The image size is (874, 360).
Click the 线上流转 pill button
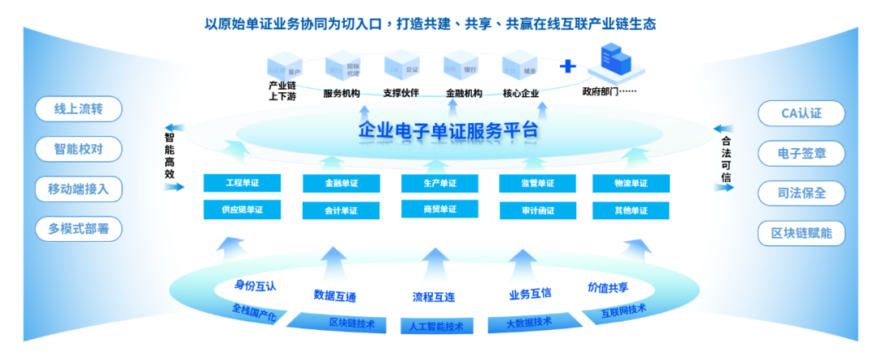(x=78, y=109)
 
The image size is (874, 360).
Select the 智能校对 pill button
(x=78, y=149)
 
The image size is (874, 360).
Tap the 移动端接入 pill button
(x=78, y=189)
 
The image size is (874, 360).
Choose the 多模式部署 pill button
(x=78, y=229)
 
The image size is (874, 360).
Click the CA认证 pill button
(x=801, y=113)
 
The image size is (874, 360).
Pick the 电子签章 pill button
(x=801, y=153)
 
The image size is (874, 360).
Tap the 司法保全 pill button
(x=801, y=193)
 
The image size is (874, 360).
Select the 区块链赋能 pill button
(x=801, y=233)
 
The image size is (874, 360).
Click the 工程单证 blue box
(x=242, y=184)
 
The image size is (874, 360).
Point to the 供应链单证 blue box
(x=242, y=210)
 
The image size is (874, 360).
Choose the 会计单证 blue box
(x=341, y=210)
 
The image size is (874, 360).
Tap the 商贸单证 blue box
(x=439, y=210)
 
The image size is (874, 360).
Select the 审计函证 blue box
(x=538, y=210)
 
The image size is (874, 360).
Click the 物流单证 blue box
(x=631, y=184)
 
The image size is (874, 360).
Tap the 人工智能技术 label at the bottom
(x=438, y=327)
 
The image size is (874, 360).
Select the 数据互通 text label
(x=335, y=294)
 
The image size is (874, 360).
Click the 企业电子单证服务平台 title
(x=448, y=130)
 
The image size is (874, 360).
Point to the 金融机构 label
(x=464, y=93)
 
